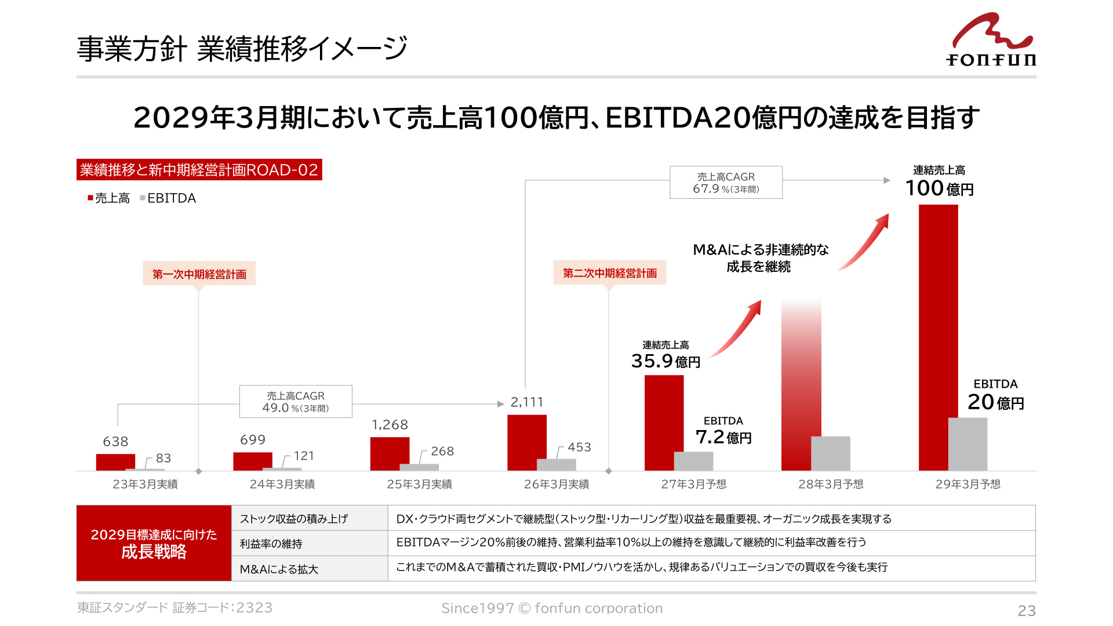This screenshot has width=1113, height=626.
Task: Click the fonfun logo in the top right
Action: click(991, 39)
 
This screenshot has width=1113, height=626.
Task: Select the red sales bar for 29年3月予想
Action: click(938, 337)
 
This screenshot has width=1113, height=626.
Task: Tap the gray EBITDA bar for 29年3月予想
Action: click(967, 444)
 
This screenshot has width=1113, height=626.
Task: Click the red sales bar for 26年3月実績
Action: click(526, 442)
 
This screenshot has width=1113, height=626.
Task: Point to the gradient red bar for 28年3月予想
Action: click(801, 385)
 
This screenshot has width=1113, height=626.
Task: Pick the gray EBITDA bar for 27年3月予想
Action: click(693, 461)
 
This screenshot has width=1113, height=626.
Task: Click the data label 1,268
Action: click(390, 425)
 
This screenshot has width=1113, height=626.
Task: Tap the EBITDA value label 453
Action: click(579, 447)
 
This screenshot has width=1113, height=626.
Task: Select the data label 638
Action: click(115, 442)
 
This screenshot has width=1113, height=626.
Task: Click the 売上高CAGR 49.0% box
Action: click(296, 402)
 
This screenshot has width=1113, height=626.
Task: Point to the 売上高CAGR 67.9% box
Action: click(726, 183)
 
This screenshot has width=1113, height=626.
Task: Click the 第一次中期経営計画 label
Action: click(199, 274)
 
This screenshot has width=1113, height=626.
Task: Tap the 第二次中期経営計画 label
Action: click(610, 273)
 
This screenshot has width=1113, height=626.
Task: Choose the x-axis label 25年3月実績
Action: click(419, 484)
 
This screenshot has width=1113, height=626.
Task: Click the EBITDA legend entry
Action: click(168, 198)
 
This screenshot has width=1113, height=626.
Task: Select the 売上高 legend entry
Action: click(108, 198)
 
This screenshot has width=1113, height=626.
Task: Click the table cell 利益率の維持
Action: click(271, 544)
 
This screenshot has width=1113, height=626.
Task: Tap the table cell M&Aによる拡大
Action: click(279, 569)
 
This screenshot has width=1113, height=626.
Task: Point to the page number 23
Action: click(1027, 610)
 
